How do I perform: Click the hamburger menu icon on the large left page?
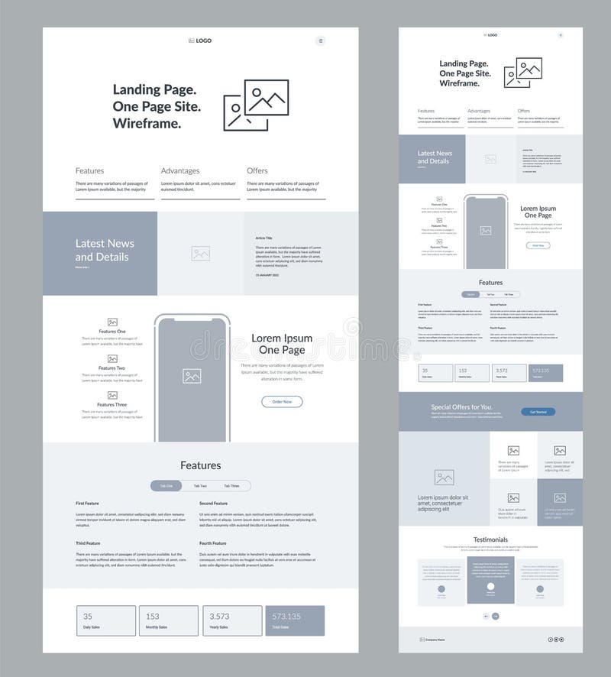pos(320,40)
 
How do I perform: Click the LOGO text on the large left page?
pos(203,40)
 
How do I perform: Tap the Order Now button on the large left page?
pos(282,401)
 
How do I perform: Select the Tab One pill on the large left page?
pos(166,486)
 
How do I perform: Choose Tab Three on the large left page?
pos(231,486)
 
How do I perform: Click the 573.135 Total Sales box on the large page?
pos(295,620)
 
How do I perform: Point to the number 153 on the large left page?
pos(152,616)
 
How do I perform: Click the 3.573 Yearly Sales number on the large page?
pos(219,616)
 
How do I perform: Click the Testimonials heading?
pos(490,539)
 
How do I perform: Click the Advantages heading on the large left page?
pos(180,170)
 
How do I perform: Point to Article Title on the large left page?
pos(267,238)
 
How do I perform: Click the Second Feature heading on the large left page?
pos(214,504)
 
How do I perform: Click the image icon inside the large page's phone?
pos(192,376)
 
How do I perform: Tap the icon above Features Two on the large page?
pos(112,358)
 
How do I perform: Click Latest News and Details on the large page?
pos(105,250)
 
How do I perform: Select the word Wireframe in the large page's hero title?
pos(147,123)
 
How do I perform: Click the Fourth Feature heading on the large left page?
pos(214,543)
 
